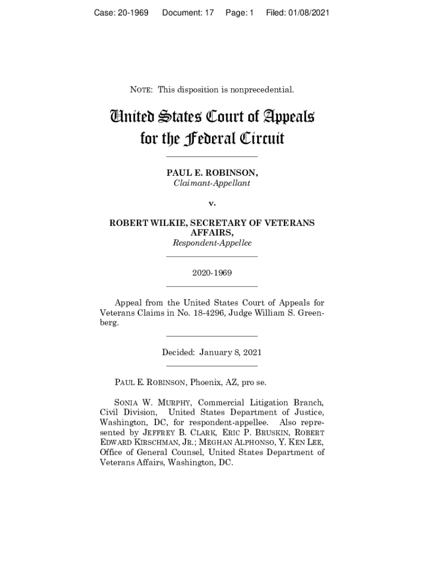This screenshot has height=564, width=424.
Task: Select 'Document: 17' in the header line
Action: click(x=187, y=12)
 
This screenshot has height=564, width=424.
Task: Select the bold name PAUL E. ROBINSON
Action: click(x=212, y=173)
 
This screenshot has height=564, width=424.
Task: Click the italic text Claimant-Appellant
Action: click(x=212, y=183)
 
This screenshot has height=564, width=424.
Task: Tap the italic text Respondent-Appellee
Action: click(x=212, y=242)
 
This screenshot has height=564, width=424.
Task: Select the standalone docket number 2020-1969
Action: click(x=212, y=273)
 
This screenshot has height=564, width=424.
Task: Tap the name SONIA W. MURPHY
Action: click(x=148, y=403)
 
